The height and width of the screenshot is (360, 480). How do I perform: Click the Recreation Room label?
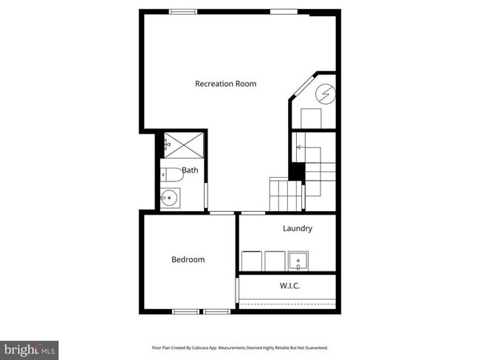tap(225, 83)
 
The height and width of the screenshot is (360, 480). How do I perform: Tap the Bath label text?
tap(190, 170)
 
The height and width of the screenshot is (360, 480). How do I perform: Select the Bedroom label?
tap(188, 260)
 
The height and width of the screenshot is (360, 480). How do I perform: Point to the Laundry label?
tap(297, 229)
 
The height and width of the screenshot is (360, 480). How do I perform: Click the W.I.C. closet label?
tap(289, 285)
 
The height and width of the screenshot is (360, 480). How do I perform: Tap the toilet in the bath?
tap(172, 176)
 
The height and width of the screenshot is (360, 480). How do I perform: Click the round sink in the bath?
tap(170, 197)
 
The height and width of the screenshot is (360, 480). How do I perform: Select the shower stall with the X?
tap(183, 144)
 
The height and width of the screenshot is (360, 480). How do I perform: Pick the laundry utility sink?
tap(298, 261)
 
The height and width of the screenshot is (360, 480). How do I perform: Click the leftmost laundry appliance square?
tap(251, 261)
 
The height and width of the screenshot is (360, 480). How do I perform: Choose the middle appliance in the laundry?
tap(275, 261)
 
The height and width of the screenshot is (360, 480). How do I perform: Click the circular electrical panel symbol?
tap(326, 94)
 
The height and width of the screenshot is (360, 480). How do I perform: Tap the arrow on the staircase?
tap(299, 148)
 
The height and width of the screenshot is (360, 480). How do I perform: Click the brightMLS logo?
tap(30, 350)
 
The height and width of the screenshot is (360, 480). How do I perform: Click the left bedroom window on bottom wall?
tap(185, 311)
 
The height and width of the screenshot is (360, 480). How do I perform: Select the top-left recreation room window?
tap(183, 11)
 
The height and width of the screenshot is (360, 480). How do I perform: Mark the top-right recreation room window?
tap(284, 11)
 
